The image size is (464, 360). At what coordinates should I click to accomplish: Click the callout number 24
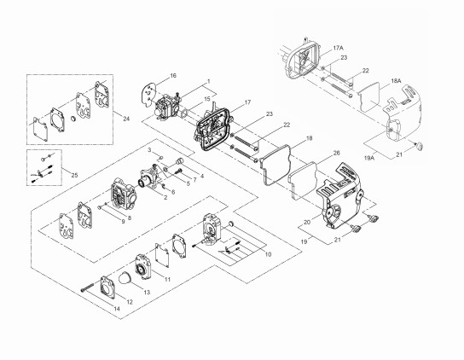126,119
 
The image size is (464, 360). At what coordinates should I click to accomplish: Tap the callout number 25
74,175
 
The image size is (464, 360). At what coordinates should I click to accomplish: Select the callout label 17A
339,48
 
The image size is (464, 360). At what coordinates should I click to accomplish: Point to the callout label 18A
397,80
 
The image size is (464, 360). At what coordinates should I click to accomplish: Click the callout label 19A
369,158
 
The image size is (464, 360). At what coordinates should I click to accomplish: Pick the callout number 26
336,153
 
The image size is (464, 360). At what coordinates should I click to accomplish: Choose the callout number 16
173,75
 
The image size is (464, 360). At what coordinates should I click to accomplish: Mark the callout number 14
117,309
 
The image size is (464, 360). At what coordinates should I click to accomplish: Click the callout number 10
268,254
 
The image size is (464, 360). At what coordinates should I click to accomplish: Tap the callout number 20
307,222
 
